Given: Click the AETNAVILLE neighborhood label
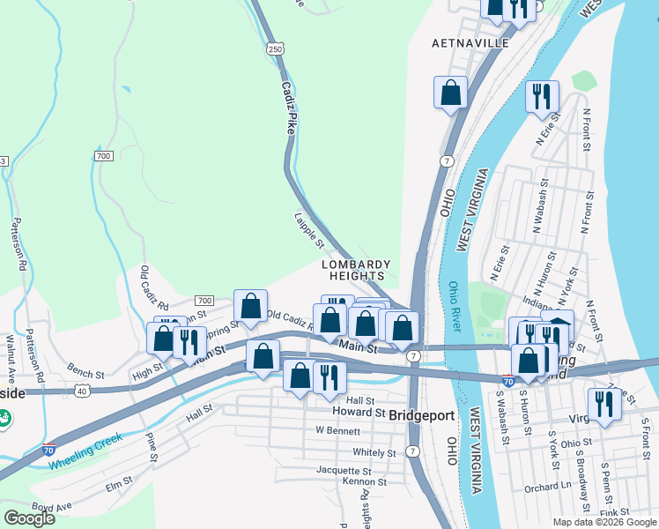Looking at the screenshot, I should tap(471, 42).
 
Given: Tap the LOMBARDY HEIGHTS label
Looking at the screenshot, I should tap(355, 270).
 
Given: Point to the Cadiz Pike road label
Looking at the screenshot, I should tap(288, 108).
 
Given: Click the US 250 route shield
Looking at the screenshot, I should tap(276, 49).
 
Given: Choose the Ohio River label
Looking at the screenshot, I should tap(454, 307).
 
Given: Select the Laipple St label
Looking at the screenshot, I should tap(310, 230).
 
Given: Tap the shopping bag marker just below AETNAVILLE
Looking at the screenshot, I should tap(450, 93).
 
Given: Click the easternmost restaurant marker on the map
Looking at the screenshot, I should tap(604, 405).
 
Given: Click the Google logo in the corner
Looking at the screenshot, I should tap(29, 518).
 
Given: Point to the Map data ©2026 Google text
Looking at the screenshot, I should tap(603, 522).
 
